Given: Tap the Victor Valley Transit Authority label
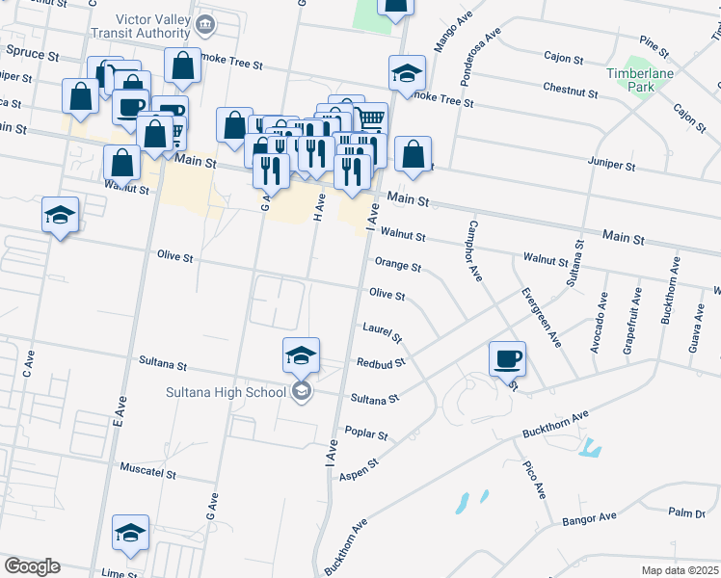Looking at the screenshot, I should [153, 26].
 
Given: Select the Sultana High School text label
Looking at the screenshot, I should [226, 391].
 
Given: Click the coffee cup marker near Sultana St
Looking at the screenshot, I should [507, 360].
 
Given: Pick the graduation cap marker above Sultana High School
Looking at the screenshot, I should [301, 356].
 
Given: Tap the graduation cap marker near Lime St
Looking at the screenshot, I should [131, 533].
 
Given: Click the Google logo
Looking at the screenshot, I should [32, 566].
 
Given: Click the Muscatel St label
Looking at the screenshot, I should [147, 474].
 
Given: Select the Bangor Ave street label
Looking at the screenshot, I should [589, 517].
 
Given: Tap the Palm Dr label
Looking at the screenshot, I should [686, 512].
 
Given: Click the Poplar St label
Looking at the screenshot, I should [366, 434].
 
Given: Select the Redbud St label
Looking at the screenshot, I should [381, 363].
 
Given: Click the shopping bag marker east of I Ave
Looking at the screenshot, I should [413, 155].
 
